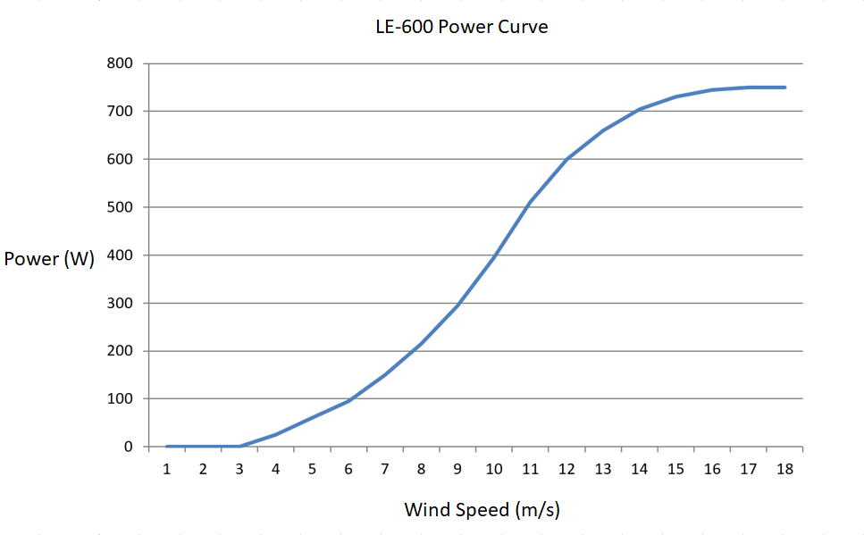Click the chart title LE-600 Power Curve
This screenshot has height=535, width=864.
(461, 27)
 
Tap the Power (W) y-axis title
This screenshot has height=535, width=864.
(49, 260)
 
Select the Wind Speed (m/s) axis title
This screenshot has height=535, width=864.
(482, 510)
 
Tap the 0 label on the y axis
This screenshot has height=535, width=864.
(129, 447)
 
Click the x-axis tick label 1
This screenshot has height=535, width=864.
(167, 469)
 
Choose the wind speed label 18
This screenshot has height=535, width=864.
(784, 469)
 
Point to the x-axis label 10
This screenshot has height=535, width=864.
(494, 469)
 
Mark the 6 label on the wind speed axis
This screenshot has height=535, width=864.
(348, 469)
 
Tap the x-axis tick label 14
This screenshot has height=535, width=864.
(639, 469)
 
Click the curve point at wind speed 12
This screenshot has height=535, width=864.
(566, 159)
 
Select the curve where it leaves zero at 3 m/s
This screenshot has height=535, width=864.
(239, 446)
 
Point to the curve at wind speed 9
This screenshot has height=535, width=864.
(457, 305)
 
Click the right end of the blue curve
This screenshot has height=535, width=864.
(784, 88)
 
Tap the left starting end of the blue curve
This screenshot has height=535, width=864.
(167, 447)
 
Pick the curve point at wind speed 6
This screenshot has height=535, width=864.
(348, 400)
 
